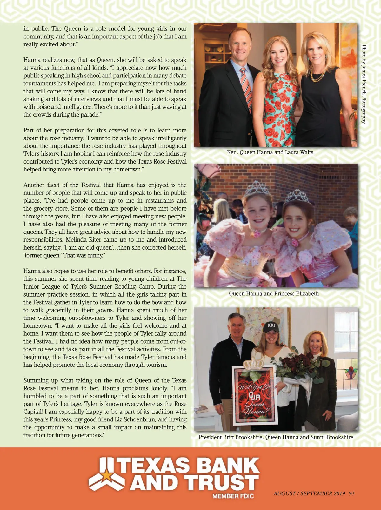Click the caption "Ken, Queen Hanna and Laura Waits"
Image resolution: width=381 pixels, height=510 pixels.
pos(270,152)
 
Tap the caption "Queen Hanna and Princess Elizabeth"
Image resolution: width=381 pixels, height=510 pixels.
pos(274,294)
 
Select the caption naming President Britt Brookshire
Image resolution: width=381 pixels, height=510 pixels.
pos(276,437)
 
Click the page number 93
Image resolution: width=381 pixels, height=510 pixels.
pos(351,493)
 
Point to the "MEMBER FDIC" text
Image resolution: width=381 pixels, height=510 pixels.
pos(233,496)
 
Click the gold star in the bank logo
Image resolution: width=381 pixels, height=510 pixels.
pos(107,475)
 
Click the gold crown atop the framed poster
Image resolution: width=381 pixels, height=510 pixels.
pos(253,364)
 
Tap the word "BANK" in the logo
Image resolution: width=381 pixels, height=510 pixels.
pos(227,466)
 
